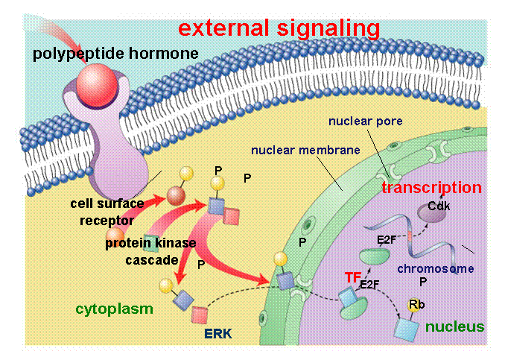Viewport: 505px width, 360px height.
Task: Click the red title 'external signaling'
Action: [279, 28]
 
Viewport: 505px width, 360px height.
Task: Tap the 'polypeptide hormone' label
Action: [115, 54]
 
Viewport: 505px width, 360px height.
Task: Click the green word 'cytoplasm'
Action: [114, 308]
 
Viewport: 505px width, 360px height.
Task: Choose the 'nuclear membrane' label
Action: [305, 149]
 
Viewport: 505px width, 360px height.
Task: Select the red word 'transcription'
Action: [431, 188]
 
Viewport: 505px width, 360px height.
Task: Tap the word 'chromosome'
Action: [435, 268]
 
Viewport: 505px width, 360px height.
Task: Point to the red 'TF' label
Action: [352, 277]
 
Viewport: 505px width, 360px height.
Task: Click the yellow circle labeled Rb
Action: [415, 305]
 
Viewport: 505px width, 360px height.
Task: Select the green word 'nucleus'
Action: [454, 326]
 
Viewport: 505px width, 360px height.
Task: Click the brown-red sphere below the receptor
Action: [176, 198]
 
